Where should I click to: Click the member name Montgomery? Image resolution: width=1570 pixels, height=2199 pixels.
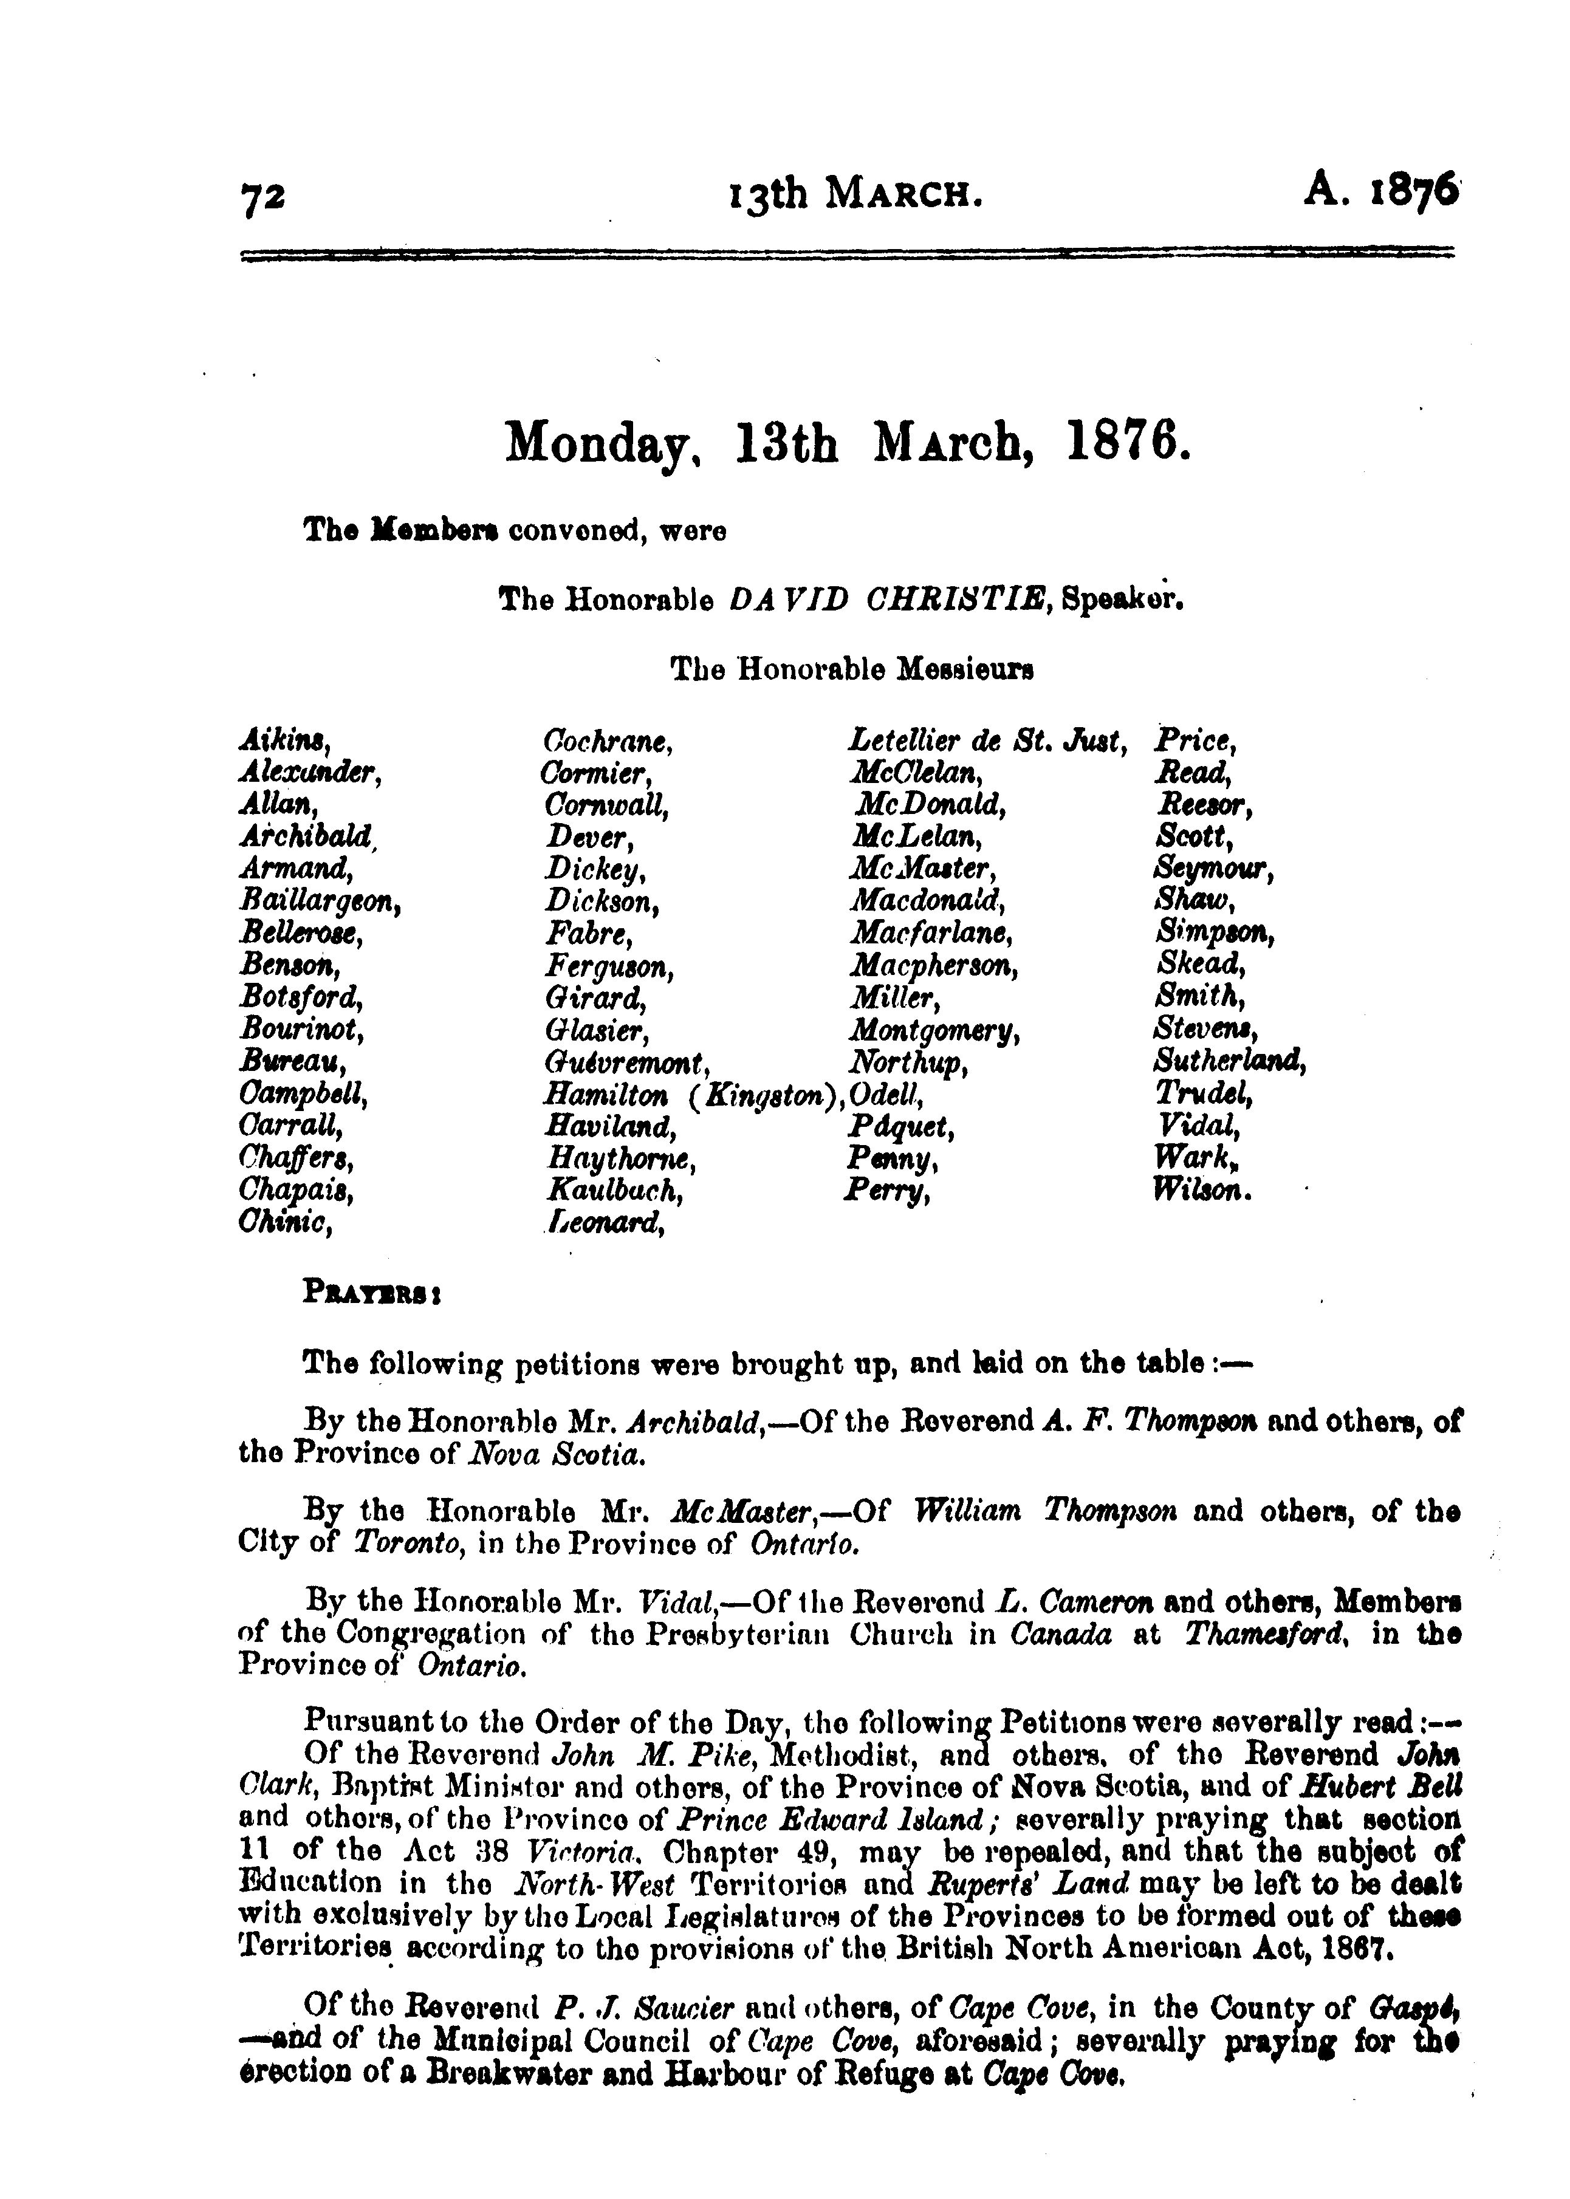pos(934,1031)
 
